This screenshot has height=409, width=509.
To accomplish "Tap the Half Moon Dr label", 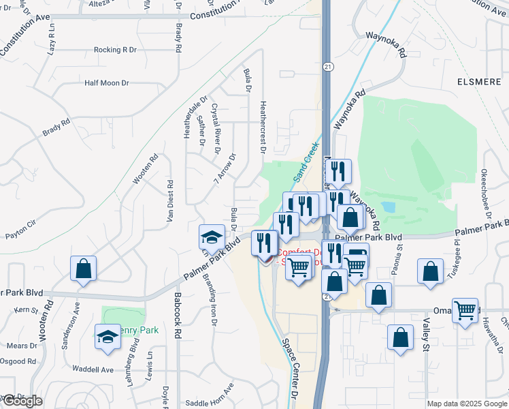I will tap(106, 83).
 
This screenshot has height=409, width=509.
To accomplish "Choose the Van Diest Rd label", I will tap(170, 202).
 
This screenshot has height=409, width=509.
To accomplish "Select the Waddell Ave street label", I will tap(94, 370).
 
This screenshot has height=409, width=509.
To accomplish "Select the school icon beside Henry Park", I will tap(107, 337).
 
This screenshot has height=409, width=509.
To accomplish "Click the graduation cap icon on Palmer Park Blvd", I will tap(212, 237).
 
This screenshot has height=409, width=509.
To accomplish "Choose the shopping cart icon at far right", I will tap(465, 310).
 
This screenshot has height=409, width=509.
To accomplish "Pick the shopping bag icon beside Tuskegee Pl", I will tap(431, 271).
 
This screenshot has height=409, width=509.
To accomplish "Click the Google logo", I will tap(22, 401).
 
